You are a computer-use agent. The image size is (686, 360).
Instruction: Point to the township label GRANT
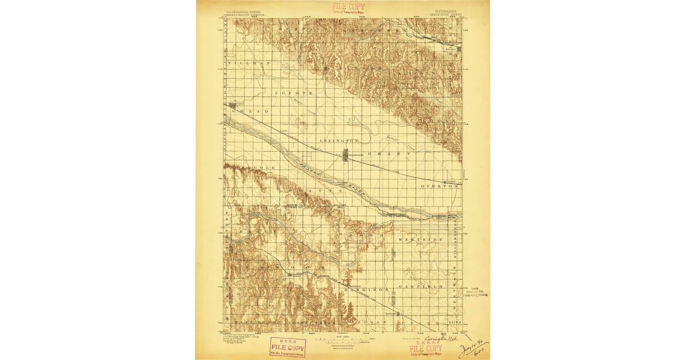pyautogui.click(x=389, y=154)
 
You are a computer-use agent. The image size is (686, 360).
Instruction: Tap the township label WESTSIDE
pyautogui.click(x=421, y=239)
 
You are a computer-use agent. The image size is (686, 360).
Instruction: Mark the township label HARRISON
pyautogui.click(x=366, y=290)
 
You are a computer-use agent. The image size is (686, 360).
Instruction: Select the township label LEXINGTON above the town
pyautogui.click(x=339, y=140)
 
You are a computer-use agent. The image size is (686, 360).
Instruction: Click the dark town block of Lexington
pyautogui.click(x=345, y=155)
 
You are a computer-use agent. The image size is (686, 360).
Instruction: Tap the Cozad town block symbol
pyautogui.click(x=232, y=106)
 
